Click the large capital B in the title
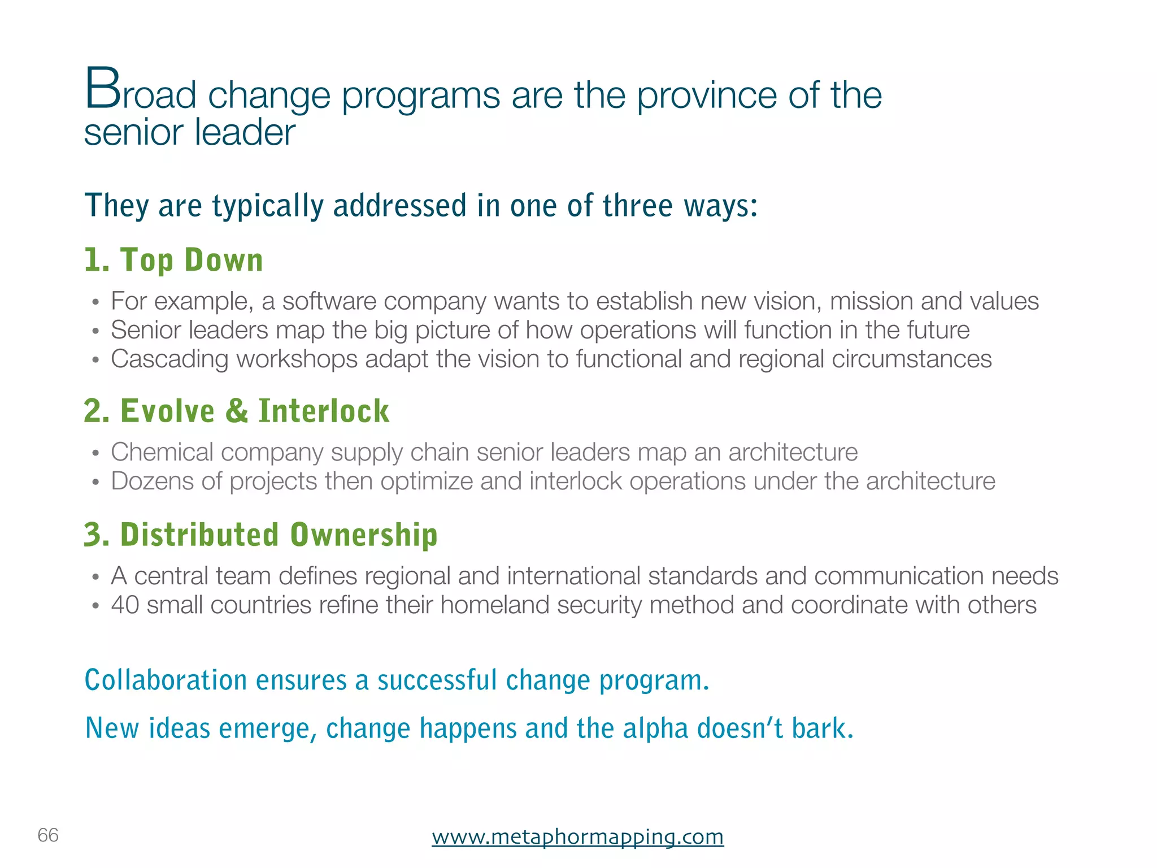pyautogui.click(x=102, y=89)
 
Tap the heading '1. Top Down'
pyautogui.click(x=173, y=260)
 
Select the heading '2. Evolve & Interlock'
pyautogui.click(x=236, y=411)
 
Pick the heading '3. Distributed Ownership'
pyautogui.click(x=260, y=535)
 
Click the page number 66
pyautogui.click(x=48, y=835)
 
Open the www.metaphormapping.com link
pyautogui.click(x=577, y=836)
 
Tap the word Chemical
pyautogui.click(x=162, y=452)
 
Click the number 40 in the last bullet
pyautogui.click(x=125, y=605)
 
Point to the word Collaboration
pyautogui.click(x=166, y=680)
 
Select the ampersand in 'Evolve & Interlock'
pyautogui.click(x=237, y=411)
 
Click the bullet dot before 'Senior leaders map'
pyautogui.click(x=96, y=331)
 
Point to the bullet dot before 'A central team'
pyautogui.click(x=96, y=577)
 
